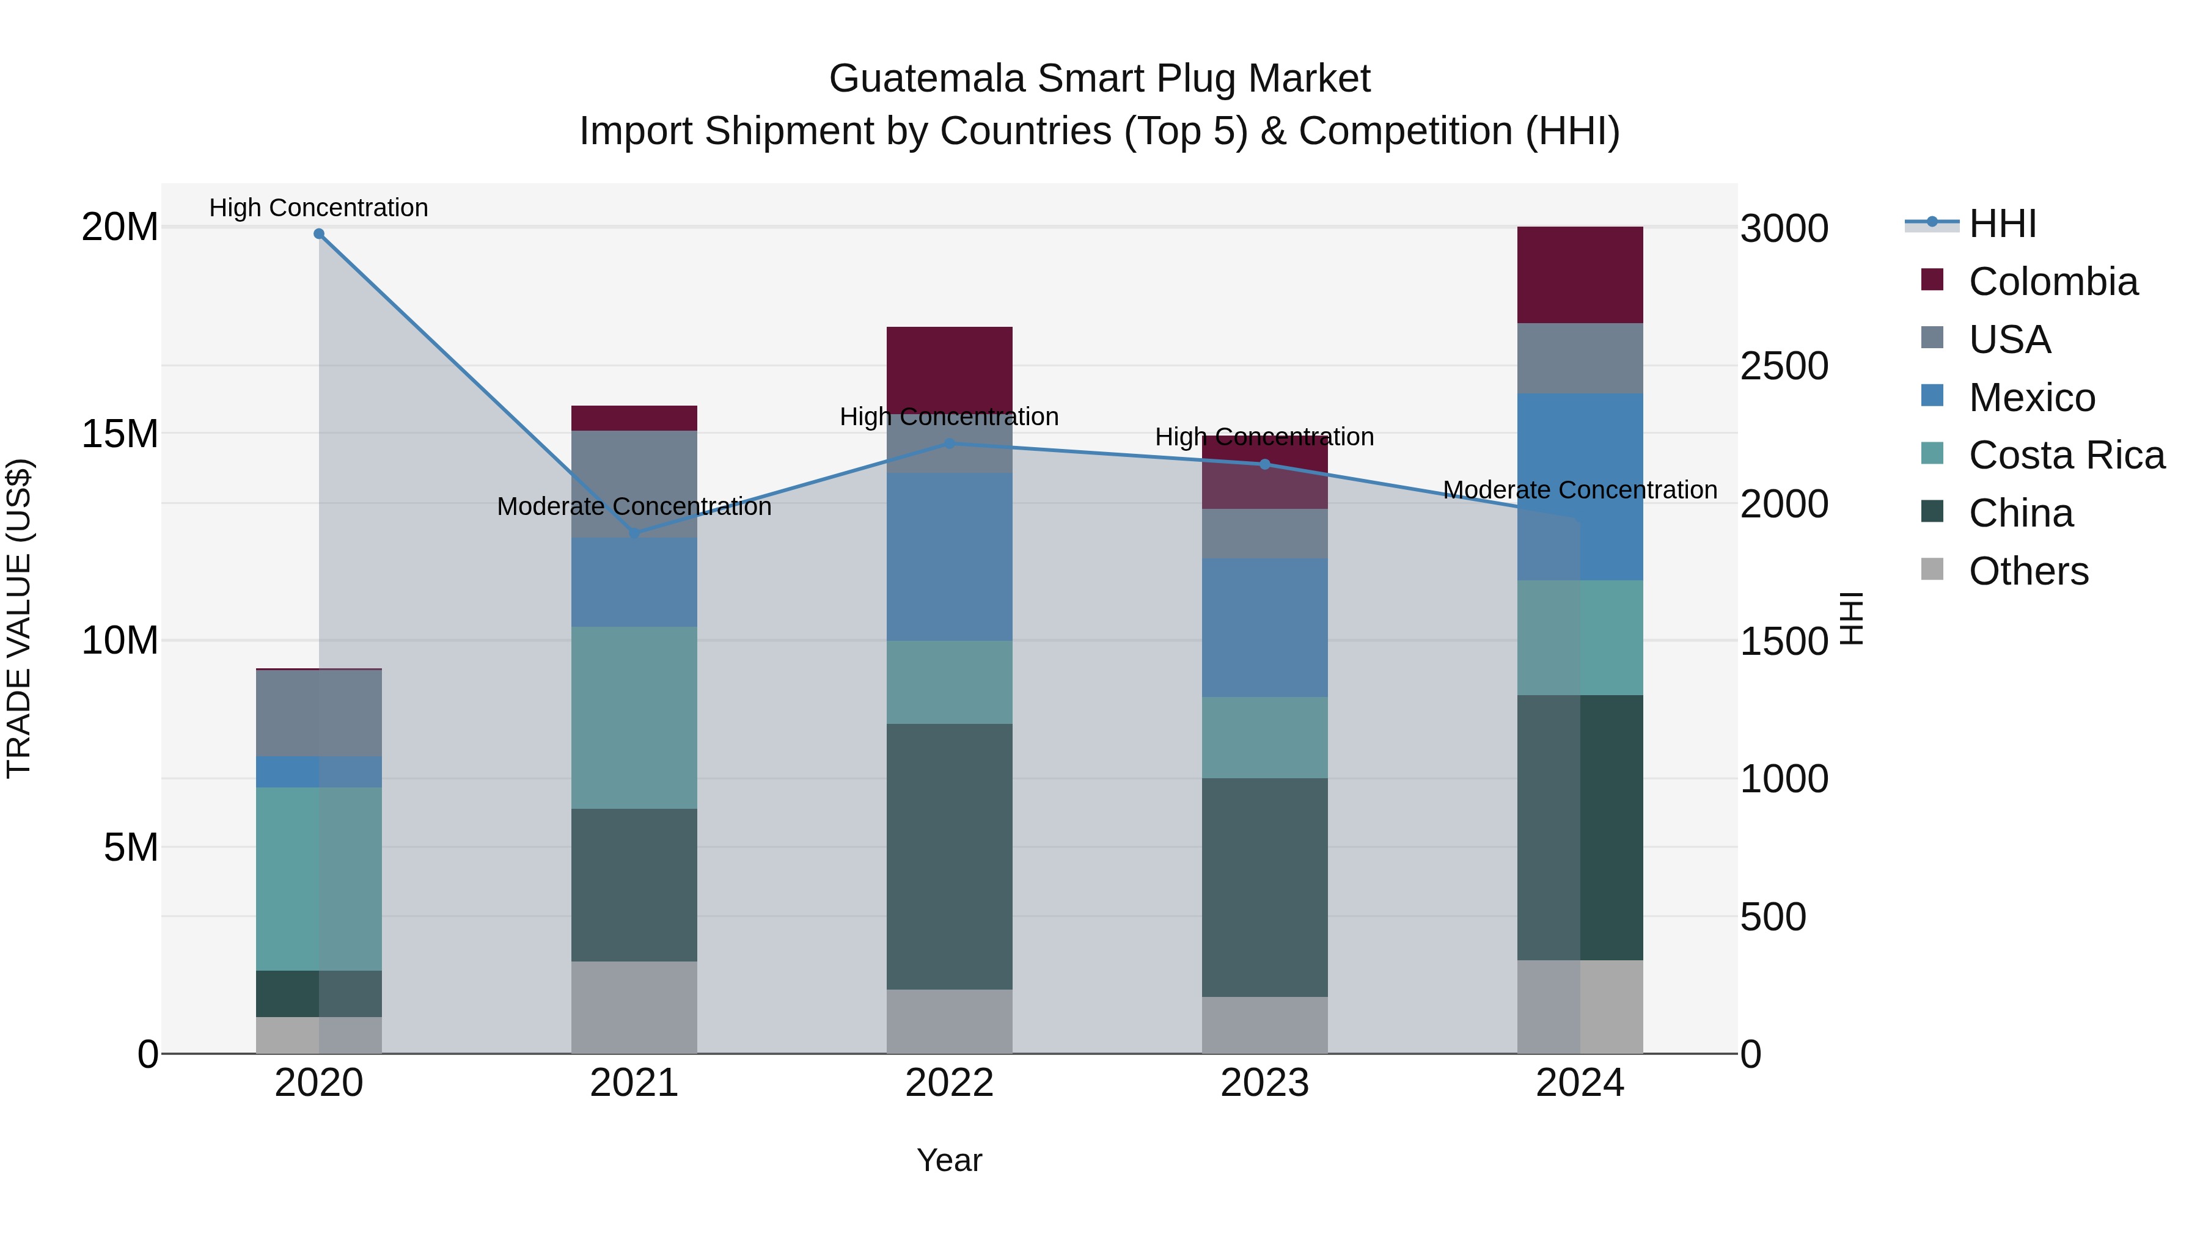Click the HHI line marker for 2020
click(x=318, y=233)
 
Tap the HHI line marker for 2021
click(x=634, y=533)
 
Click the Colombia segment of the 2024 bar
click(x=1579, y=275)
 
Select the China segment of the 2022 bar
click(x=949, y=856)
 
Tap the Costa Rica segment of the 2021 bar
click(x=634, y=718)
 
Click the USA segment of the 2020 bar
click(x=318, y=713)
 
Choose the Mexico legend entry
click(x=2031, y=398)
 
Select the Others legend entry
click(x=2028, y=571)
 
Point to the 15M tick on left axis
click(x=120, y=434)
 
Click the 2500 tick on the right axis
click(x=1784, y=367)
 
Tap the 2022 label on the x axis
click(x=949, y=1083)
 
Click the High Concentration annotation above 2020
click(x=318, y=208)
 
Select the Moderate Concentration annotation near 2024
click(x=1579, y=490)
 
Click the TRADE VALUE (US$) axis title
click(x=19, y=618)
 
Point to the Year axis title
click(x=949, y=1160)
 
